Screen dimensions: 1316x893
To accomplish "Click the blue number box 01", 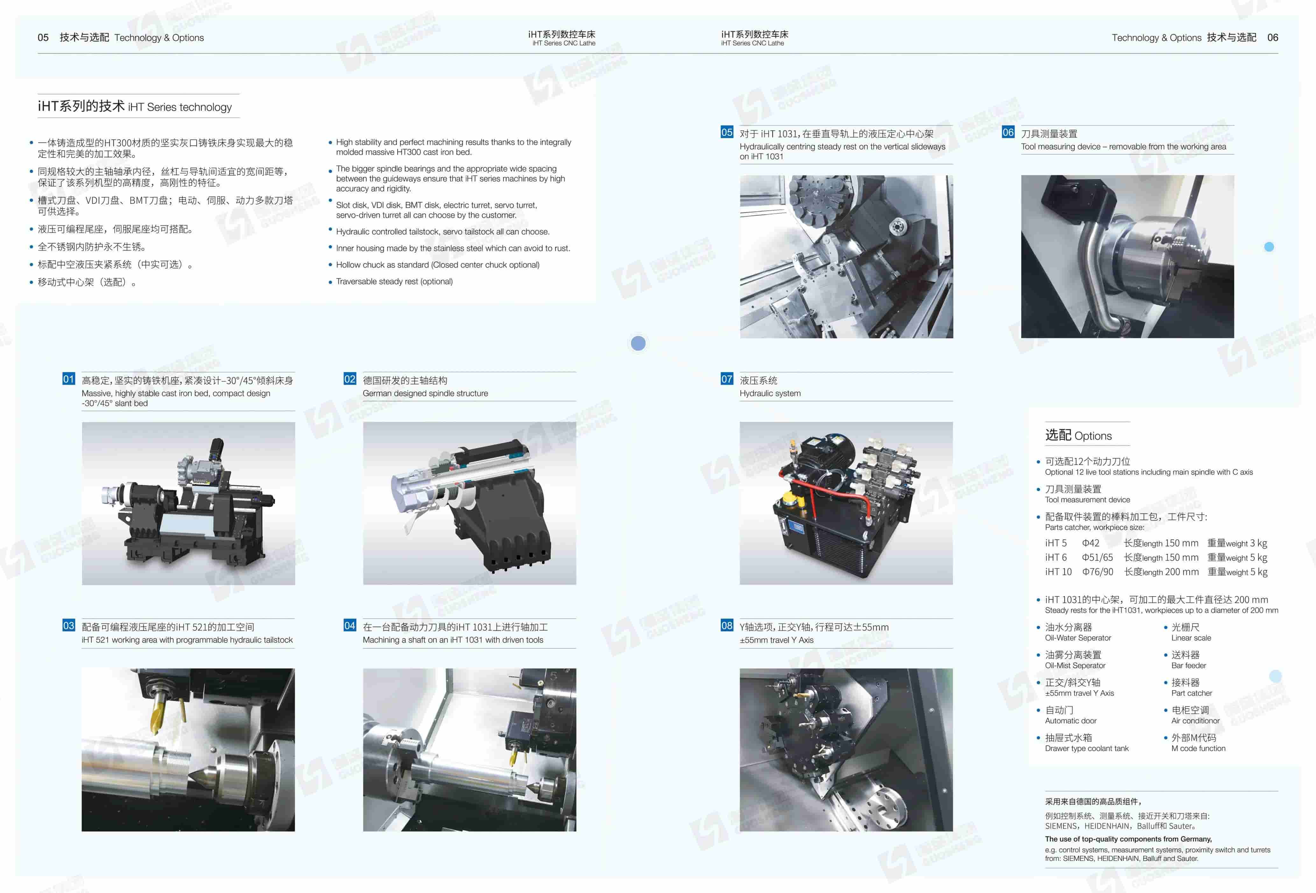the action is (68, 379).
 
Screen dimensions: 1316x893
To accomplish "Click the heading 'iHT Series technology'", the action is (180, 107).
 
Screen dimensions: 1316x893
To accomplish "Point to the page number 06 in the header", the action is (1272, 37).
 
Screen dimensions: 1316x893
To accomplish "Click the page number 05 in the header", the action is (43, 37).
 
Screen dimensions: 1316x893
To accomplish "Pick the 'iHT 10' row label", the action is (1058, 572).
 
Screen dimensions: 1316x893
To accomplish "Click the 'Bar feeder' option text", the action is (1189, 665).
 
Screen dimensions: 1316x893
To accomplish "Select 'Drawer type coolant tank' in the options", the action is (1087, 748).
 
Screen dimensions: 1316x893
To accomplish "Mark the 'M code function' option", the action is (1198, 748).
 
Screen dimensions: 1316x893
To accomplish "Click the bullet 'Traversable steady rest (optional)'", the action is (394, 281).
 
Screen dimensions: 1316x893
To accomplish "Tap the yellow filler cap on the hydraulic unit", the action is (788, 498).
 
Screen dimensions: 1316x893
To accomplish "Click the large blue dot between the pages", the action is (638, 343).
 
